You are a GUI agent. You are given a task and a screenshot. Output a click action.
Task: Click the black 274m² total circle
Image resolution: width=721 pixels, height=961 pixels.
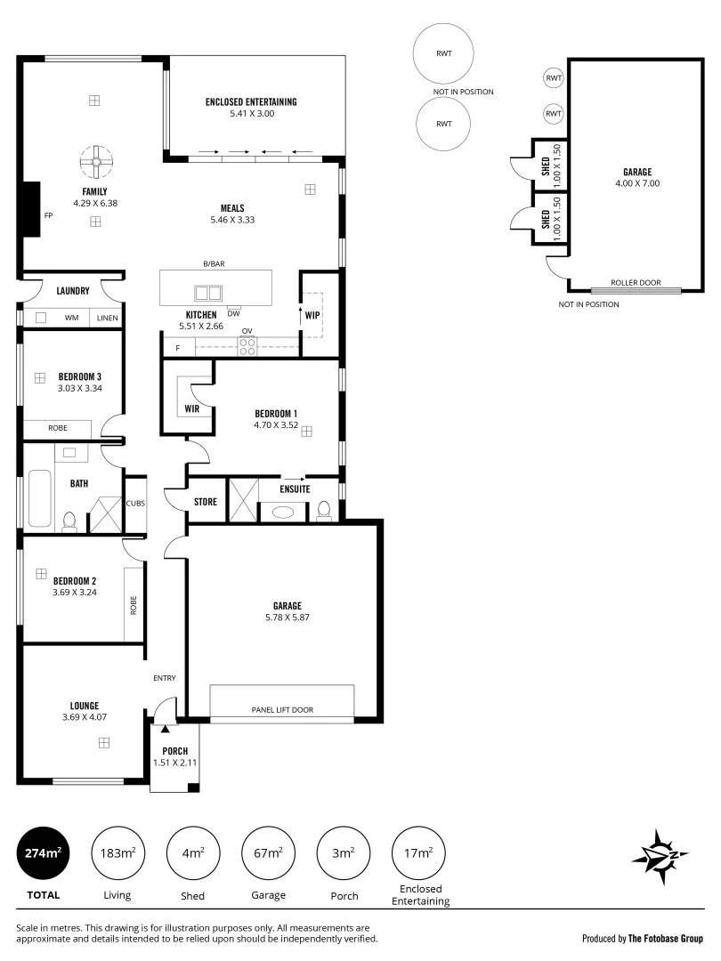tap(43, 853)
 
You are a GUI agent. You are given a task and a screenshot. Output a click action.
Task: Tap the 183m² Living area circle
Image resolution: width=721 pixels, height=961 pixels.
tap(117, 853)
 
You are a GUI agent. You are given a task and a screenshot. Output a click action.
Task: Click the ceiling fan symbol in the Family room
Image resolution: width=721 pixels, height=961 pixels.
tap(94, 162)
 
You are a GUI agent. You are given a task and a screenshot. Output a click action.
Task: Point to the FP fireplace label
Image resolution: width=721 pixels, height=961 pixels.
tap(49, 215)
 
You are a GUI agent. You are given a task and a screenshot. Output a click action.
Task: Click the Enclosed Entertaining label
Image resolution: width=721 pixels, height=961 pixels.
tap(251, 102)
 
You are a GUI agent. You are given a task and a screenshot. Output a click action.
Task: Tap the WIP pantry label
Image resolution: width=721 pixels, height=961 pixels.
tap(312, 316)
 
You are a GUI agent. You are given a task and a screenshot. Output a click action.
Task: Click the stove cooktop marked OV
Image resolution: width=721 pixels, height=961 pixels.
tap(247, 345)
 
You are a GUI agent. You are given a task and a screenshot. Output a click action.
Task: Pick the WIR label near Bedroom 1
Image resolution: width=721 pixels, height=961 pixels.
tap(191, 408)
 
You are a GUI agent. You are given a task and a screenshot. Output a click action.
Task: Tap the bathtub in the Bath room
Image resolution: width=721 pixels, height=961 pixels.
tap(40, 501)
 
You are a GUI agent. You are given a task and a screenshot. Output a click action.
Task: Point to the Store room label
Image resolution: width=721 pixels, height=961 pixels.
tap(206, 502)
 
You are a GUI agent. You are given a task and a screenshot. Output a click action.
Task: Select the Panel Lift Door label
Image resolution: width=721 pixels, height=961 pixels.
tap(281, 709)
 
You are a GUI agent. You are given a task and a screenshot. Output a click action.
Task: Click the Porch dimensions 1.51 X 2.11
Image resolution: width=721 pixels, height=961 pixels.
tap(174, 763)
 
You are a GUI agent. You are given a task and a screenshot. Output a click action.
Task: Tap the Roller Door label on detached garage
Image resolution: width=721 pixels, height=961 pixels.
tap(636, 283)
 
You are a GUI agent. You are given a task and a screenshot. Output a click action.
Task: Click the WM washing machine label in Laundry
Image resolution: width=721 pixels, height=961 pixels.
tap(71, 318)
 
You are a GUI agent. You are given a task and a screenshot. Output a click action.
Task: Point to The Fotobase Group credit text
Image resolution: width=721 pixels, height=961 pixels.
tap(666, 938)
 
